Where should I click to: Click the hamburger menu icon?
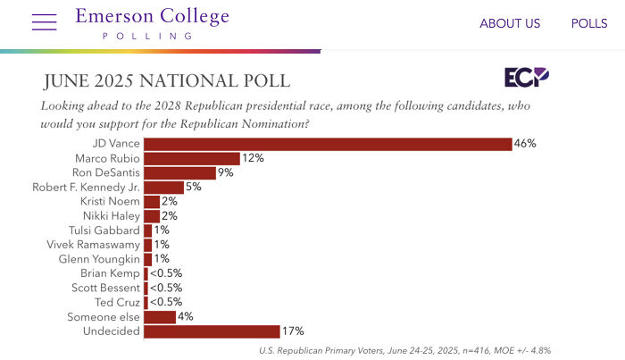(44, 22)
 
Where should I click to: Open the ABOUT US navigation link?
(510, 24)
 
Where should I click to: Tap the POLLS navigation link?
(589, 24)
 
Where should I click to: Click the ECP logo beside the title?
(526, 78)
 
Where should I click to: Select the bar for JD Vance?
(328, 144)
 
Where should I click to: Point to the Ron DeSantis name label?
(104, 172)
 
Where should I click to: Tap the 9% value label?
(226, 172)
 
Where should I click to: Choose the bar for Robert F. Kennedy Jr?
(163, 187)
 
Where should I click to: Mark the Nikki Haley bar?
(152, 216)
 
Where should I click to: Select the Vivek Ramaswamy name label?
(94, 245)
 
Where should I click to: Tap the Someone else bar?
(160, 317)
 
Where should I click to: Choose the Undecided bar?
(212, 331)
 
